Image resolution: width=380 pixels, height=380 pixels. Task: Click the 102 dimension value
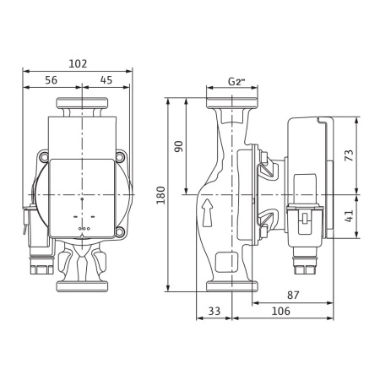click(x=78, y=64)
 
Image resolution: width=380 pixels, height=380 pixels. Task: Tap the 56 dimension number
click(x=52, y=80)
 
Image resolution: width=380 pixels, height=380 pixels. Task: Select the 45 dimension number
click(x=106, y=80)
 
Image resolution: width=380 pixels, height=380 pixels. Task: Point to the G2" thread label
click(x=236, y=82)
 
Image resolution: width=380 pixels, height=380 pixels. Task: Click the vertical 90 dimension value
click(x=179, y=146)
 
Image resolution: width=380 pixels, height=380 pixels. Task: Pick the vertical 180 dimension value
click(x=161, y=195)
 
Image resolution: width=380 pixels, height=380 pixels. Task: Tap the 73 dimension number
click(x=350, y=155)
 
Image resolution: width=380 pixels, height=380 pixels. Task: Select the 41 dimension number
click(x=350, y=216)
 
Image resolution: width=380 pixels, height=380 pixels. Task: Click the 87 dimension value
click(x=293, y=295)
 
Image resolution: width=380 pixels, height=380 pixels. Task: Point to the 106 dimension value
click(x=280, y=311)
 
